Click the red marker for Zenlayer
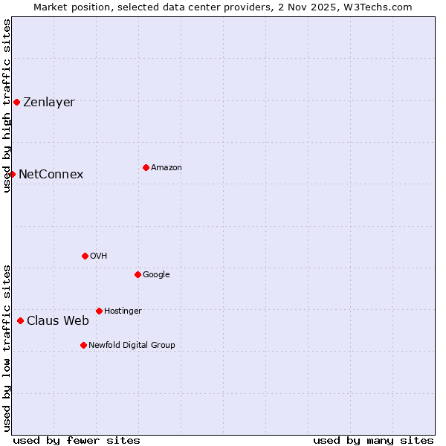[16, 102]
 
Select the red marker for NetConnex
[13, 174]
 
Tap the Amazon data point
[146, 167]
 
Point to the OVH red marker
[85, 256]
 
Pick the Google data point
[138, 274]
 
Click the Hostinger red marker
[99, 311]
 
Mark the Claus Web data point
[20, 320]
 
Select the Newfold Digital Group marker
[83, 345]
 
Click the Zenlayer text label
[49, 103]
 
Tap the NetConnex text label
[51, 175]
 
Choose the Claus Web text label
[58, 321]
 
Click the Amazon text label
[167, 168]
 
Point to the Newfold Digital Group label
[132, 345]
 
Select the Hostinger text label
[123, 311]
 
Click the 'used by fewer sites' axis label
[77, 440]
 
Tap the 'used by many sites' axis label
[373, 440]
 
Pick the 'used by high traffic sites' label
[7, 106]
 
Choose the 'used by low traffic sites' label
[7, 348]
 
